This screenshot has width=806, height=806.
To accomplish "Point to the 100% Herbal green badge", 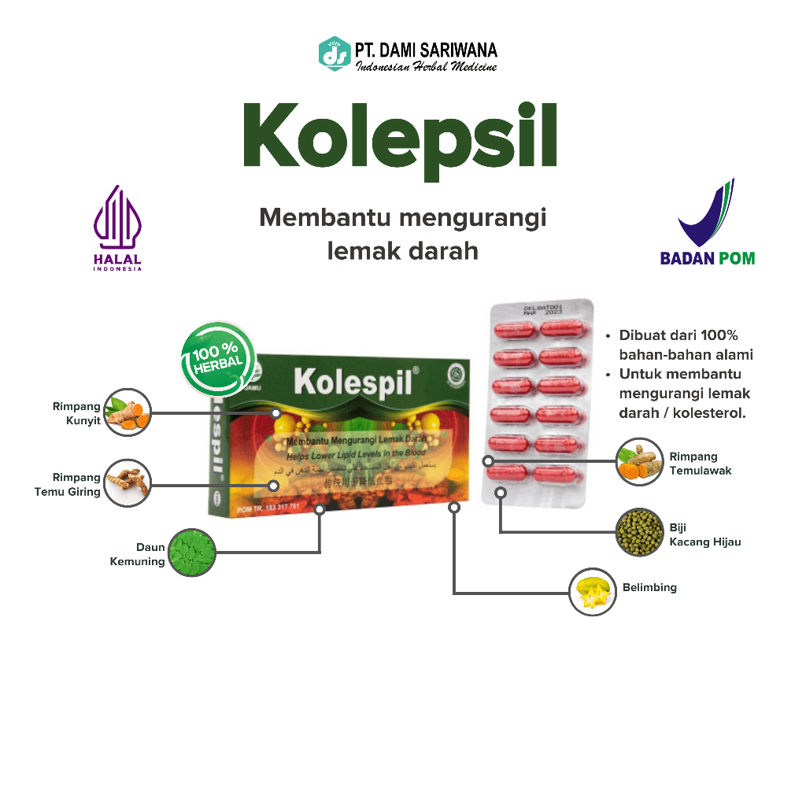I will coord(218,358).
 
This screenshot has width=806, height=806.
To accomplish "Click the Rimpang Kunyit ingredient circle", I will coord(127,412).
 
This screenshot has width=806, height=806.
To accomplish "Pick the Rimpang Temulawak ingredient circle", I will coord(640,462).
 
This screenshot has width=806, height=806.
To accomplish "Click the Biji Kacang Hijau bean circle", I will coord(640,532).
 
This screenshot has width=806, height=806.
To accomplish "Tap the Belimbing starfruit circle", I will coord(593,592).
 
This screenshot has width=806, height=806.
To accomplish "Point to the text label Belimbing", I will coord(649,587).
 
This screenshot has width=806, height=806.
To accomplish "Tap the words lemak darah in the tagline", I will coord(402,251).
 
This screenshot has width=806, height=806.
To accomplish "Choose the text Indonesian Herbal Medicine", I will coord(426,67).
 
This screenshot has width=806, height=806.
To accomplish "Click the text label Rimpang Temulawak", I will coord(701,463).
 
